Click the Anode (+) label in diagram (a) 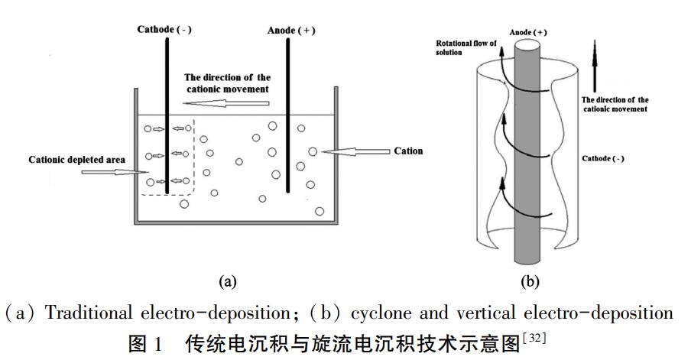[290, 31]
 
